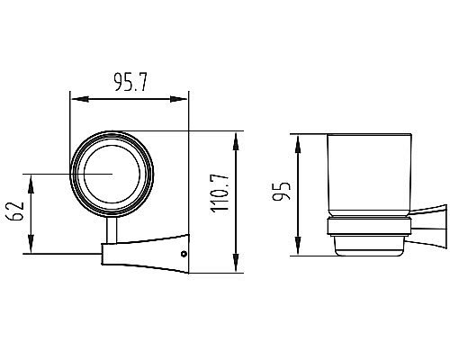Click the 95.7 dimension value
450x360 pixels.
[130, 82]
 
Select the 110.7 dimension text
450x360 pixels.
[220, 193]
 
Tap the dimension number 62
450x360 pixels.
[14, 211]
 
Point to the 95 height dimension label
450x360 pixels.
[282, 191]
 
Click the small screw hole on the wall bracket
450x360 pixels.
[184, 254]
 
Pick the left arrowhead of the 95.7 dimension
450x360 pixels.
[80, 99]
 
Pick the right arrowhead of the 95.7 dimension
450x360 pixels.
[178, 99]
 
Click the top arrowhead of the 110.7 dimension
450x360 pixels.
[236, 142]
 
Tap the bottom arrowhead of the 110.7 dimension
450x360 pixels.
[236, 263]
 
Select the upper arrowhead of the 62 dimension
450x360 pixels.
[31, 184]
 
